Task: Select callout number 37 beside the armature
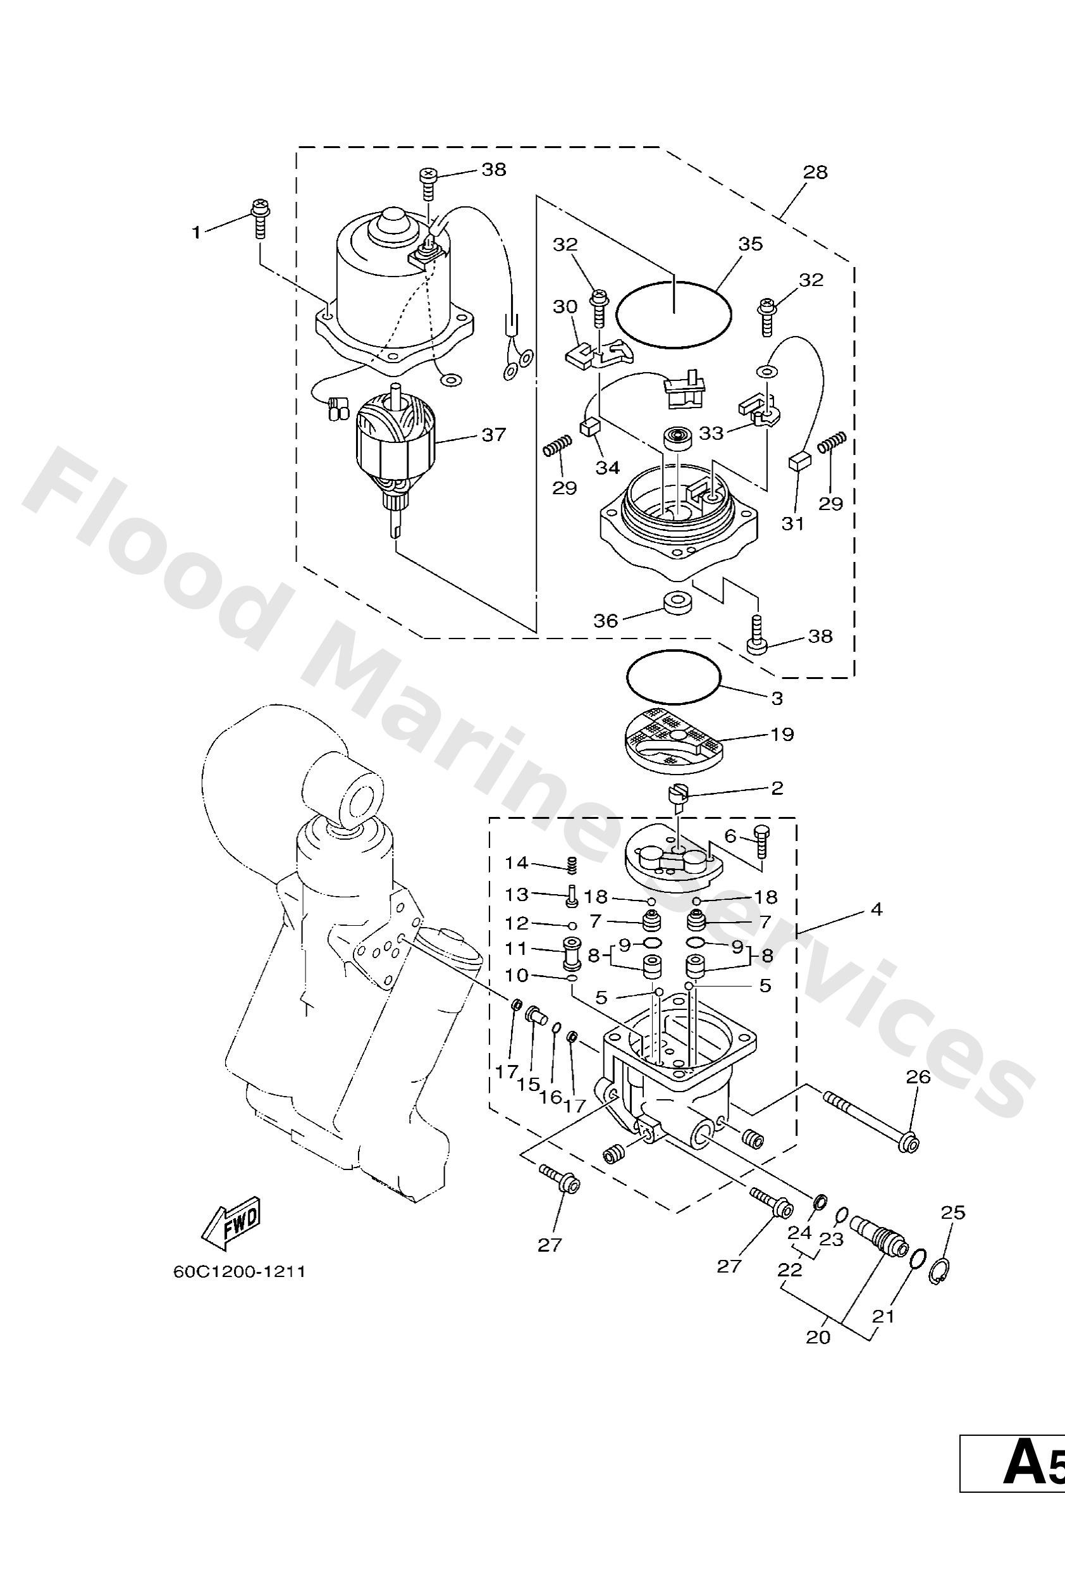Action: point(494,434)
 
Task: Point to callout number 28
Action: point(815,172)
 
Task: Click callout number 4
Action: point(876,909)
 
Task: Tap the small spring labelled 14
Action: point(570,863)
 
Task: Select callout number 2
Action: point(777,788)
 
